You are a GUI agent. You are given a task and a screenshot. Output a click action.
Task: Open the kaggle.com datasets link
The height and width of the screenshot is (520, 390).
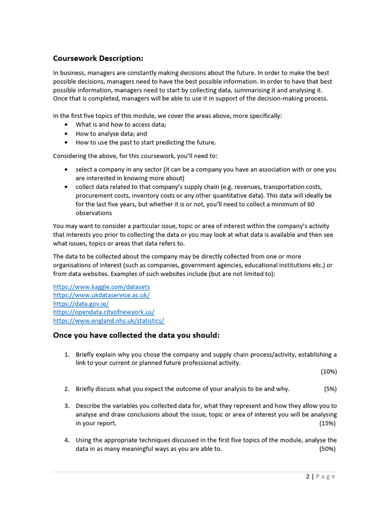pyautogui.click(x=102, y=287)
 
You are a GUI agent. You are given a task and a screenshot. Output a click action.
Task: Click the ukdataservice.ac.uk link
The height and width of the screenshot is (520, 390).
pyautogui.click(x=102, y=295)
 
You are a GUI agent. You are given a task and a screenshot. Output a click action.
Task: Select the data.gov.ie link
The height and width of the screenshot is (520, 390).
pyautogui.click(x=81, y=304)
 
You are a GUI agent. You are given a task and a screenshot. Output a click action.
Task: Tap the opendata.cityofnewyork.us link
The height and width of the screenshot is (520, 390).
pyautogui.click(x=104, y=312)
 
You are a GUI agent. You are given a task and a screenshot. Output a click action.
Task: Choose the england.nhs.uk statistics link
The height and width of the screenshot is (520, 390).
pyautogui.click(x=109, y=321)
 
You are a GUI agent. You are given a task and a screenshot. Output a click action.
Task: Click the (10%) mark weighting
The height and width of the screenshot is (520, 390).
pyautogui.click(x=329, y=371)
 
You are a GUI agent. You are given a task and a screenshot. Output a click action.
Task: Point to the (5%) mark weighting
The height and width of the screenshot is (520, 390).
pyautogui.click(x=330, y=389)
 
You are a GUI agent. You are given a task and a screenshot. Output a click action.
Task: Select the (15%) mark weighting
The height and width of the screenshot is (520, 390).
pyautogui.click(x=327, y=423)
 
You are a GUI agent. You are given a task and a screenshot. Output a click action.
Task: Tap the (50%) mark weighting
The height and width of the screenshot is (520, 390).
pyautogui.click(x=327, y=449)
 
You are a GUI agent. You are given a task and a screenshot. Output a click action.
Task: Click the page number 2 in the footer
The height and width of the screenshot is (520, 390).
pyautogui.click(x=308, y=476)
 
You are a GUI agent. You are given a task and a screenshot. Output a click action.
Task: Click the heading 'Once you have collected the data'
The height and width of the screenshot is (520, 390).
pyautogui.click(x=136, y=336)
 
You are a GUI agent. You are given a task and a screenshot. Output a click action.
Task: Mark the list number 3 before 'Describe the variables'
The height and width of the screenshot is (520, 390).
pyautogui.click(x=67, y=406)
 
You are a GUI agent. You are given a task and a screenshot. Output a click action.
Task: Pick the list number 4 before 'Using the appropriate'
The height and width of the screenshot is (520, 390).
pyautogui.click(x=67, y=440)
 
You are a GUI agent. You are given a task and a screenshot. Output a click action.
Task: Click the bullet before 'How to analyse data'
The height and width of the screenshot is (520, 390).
pyautogui.click(x=67, y=134)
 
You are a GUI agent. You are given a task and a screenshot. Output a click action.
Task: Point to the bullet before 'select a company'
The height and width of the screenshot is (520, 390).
pyautogui.click(x=67, y=169)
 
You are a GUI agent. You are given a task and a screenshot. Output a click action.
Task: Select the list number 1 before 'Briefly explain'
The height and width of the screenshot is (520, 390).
pyautogui.click(x=67, y=354)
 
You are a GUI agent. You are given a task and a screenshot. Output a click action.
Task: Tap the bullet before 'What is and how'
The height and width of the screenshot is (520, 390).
pyautogui.click(x=67, y=124)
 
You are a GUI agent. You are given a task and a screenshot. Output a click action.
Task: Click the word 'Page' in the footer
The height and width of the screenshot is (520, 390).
pyautogui.click(x=326, y=476)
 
